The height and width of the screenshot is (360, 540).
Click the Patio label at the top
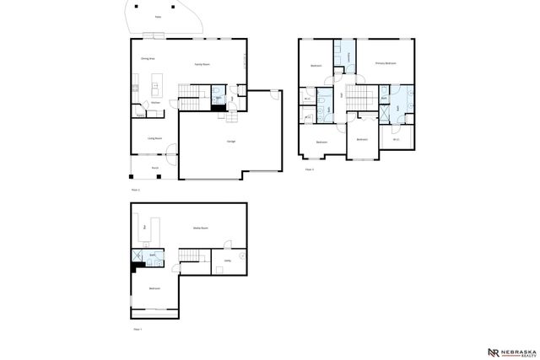(158, 16)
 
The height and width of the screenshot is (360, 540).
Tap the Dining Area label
(146, 59)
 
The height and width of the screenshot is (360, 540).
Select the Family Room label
(202, 64)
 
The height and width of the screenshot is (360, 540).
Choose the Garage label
(230, 142)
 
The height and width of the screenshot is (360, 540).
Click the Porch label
(155, 169)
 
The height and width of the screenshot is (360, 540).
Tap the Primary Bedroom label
(385, 64)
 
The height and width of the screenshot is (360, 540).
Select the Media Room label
(200, 228)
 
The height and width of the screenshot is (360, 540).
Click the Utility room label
(227, 261)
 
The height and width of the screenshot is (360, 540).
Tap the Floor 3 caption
(310, 169)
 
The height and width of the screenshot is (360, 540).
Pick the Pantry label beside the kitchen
(140, 115)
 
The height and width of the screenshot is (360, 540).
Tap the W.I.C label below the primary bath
(397, 139)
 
